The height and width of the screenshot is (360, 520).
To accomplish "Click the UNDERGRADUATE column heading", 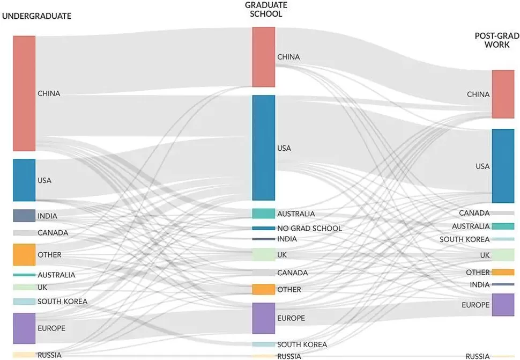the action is tap(36, 16).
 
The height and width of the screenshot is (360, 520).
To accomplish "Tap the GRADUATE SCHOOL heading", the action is tap(266, 9).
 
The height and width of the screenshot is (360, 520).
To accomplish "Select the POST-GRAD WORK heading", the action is tap(497, 40).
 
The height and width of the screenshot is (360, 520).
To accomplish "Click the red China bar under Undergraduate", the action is tap(24, 93).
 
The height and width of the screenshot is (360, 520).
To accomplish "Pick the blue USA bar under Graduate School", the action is tap(264, 148).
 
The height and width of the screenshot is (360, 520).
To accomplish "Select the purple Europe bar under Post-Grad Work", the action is tap(503, 305).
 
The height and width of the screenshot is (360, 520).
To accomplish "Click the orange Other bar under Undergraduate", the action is tap(24, 254).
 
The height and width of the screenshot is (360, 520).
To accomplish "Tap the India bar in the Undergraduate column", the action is tap(24, 216).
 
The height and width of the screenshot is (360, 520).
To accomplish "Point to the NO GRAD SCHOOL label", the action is tap(309, 228).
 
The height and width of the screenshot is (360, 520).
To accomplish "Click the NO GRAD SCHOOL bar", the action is tap(264, 228).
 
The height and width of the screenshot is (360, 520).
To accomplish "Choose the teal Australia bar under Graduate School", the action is tap(264, 214).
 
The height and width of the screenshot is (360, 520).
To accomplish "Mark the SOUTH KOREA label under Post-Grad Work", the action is tap(464, 239).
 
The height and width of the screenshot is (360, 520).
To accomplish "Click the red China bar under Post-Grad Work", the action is tap(503, 94).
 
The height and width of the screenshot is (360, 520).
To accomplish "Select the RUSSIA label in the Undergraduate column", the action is tap(49, 355).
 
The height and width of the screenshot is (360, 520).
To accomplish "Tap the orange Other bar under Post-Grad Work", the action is tap(503, 273).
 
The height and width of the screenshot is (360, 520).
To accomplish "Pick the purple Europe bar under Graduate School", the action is tap(264, 318).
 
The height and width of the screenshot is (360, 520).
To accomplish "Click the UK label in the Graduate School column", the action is tap(282, 255).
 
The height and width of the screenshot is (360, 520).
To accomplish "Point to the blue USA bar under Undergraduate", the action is tap(24, 180).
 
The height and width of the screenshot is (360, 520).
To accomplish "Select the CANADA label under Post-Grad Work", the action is tap(474, 213).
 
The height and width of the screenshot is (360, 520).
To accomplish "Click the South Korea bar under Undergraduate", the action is tap(24, 302).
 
